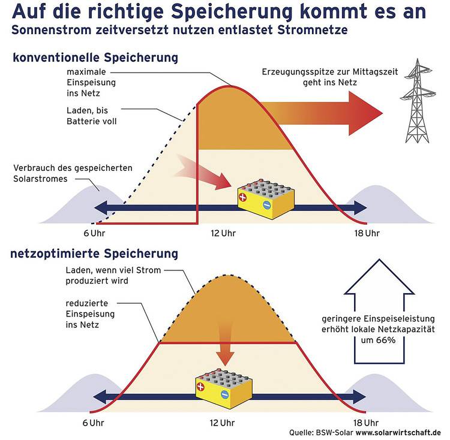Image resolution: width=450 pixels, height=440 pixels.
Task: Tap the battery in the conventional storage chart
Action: (266, 199)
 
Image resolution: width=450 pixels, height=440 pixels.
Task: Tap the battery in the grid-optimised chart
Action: (224, 388)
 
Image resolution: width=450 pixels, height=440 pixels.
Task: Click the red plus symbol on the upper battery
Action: (242, 197)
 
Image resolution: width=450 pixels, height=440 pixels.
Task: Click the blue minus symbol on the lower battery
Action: (225, 394)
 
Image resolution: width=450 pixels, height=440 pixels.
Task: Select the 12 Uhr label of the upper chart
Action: (223, 233)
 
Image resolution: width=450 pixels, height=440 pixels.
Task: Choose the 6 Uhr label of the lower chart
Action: (93, 423)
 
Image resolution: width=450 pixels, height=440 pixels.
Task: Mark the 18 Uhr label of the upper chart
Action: (367, 233)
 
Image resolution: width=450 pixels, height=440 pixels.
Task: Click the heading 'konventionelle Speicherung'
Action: (95, 58)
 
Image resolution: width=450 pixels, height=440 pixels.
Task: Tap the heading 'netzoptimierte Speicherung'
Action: (94, 254)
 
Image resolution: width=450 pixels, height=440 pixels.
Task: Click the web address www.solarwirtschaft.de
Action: (398, 432)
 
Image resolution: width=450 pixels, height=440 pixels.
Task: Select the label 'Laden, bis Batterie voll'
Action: (92, 116)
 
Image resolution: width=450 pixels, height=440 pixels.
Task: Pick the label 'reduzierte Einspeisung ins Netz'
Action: (90, 314)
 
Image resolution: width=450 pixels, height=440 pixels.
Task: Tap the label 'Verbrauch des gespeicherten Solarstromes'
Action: (73, 173)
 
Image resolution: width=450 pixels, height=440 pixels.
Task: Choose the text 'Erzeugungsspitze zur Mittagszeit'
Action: (330, 72)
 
